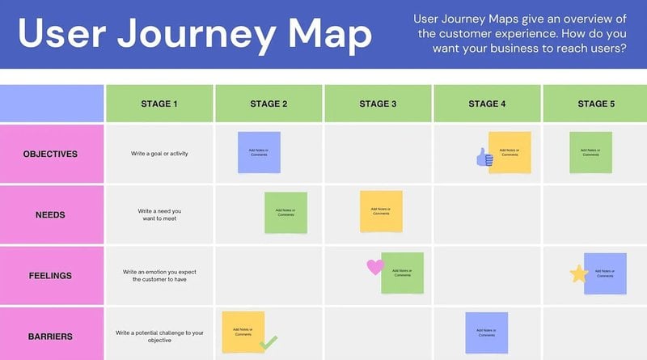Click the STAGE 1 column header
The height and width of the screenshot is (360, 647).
159,103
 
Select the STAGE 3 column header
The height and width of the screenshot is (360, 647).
378,103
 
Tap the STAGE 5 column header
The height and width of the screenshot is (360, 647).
595,103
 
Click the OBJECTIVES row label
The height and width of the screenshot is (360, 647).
52,153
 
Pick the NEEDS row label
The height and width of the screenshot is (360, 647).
52,214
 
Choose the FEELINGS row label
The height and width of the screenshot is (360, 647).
52,275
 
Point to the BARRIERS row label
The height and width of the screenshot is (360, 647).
52,335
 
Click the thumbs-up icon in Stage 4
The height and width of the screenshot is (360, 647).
484,158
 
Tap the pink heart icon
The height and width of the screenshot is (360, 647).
374,266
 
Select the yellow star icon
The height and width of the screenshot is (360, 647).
579,274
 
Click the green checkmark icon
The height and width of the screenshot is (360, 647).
269,343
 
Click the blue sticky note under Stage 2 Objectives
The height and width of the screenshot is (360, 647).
259,152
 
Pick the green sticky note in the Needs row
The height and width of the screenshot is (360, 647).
285,213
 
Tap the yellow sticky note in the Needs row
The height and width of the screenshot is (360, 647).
381,211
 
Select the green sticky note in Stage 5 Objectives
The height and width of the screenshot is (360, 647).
591,152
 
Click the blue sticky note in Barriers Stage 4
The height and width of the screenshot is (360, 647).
486,332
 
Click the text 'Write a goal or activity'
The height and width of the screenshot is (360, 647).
159,153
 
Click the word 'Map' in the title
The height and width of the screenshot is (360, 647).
331,34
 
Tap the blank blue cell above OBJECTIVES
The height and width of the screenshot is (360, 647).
52,103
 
